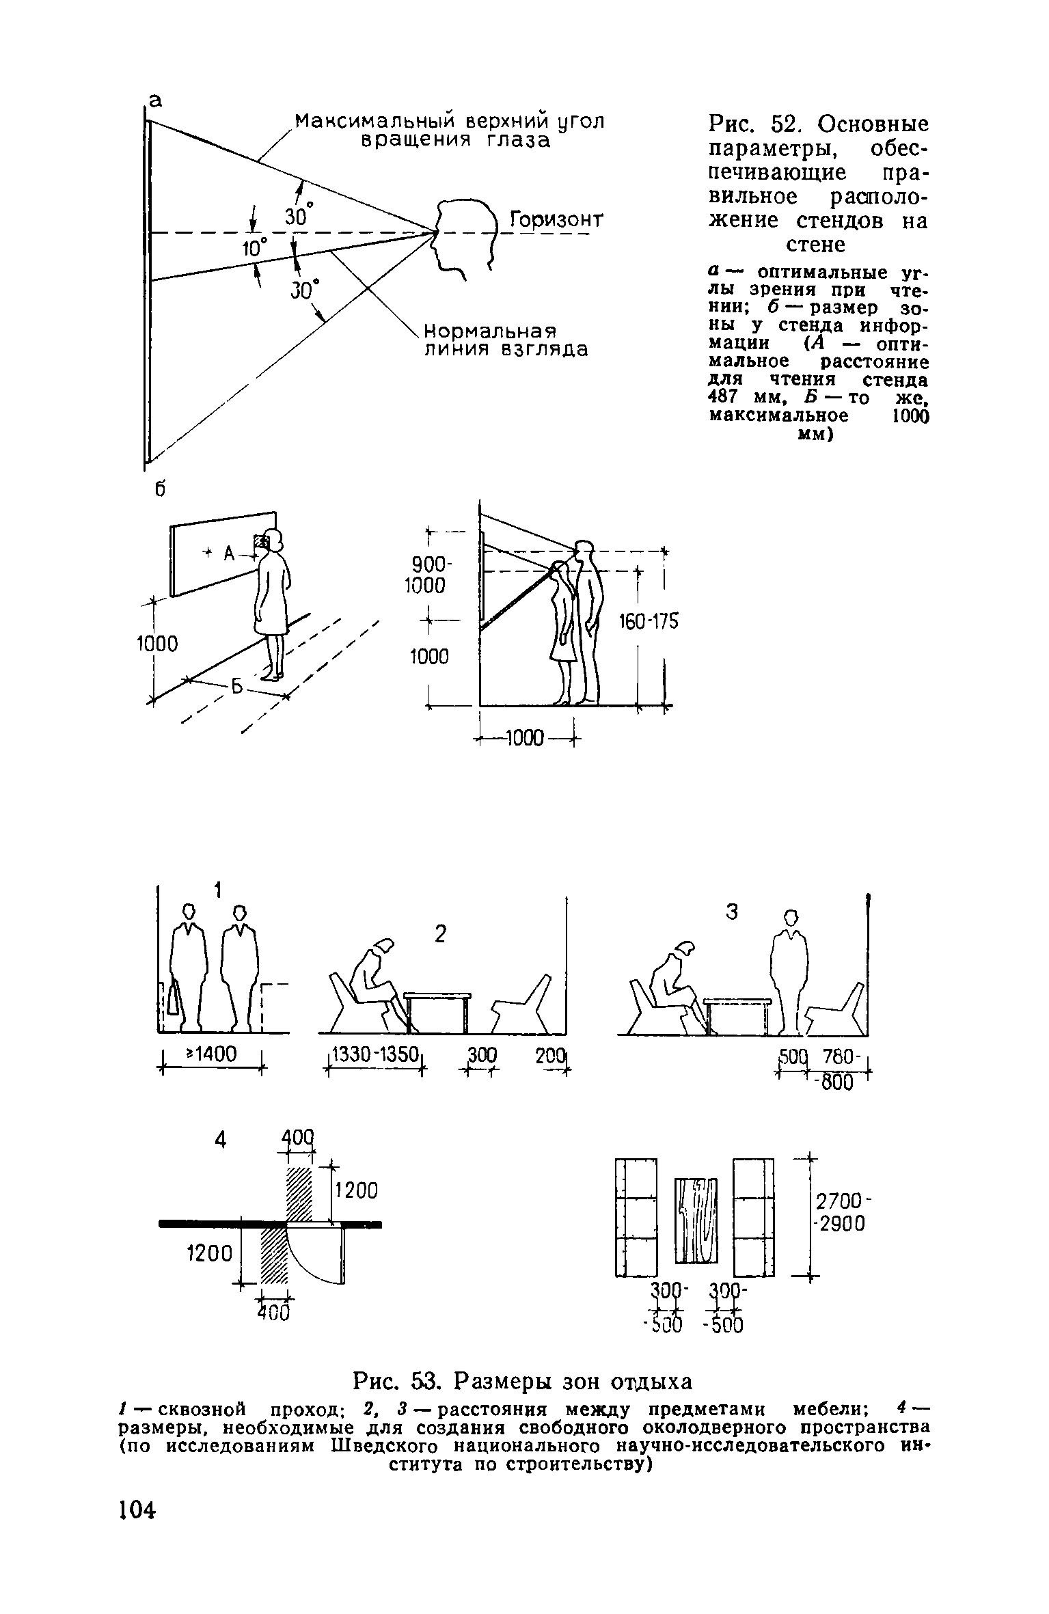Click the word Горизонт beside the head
click(x=557, y=221)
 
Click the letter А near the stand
click(x=230, y=554)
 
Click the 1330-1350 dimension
click(x=374, y=1055)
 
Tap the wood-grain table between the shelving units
click(x=696, y=1220)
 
